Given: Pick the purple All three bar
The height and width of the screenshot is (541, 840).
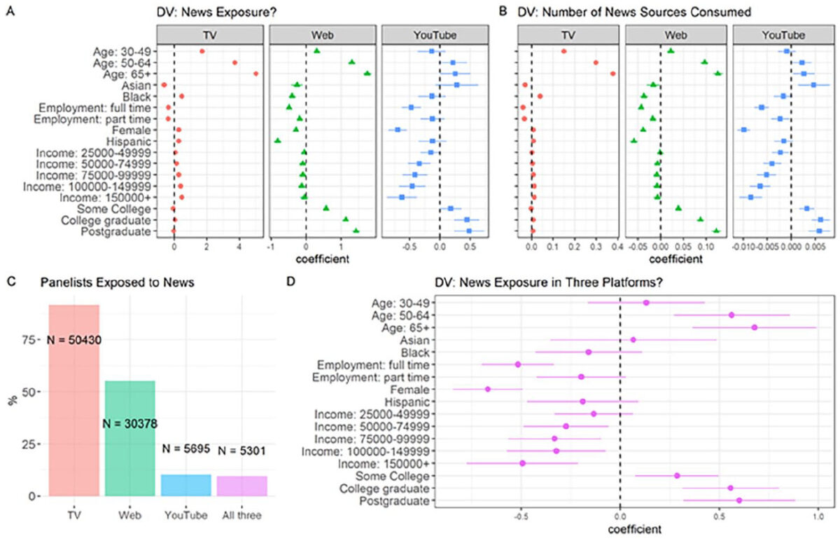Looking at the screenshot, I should [x=241, y=486].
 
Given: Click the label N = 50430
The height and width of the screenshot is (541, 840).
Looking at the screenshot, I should [x=74, y=339].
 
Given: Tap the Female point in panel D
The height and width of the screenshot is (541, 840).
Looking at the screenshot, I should [x=488, y=389].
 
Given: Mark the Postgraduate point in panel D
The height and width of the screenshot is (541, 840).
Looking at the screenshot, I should [x=739, y=500].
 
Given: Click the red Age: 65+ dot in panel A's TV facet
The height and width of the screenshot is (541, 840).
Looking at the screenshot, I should [x=256, y=74].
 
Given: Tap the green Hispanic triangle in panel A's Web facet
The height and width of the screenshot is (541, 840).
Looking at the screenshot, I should [x=278, y=141].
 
